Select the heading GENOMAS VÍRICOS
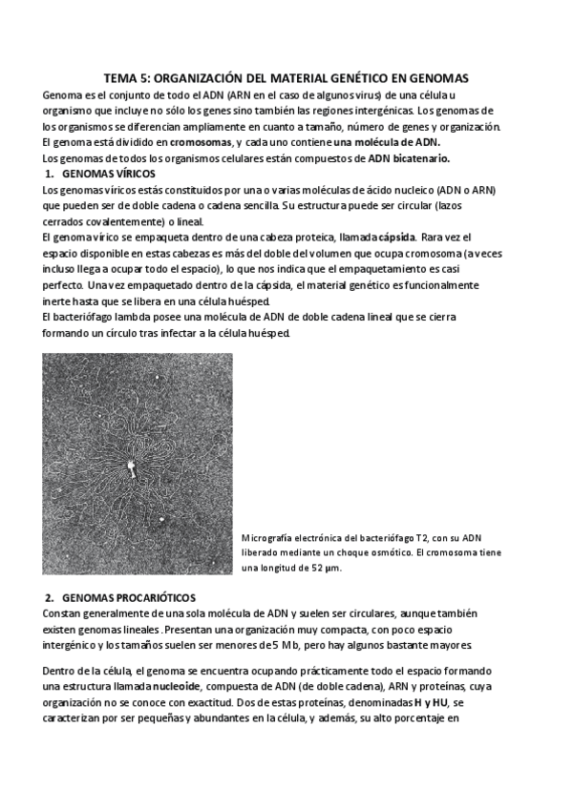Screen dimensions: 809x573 [x=108, y=174]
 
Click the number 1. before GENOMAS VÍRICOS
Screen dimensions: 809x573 [x=50, y=174]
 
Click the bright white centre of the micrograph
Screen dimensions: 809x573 [x=131, y=466]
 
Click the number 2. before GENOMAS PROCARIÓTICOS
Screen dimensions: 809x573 [x=50, y=596]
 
